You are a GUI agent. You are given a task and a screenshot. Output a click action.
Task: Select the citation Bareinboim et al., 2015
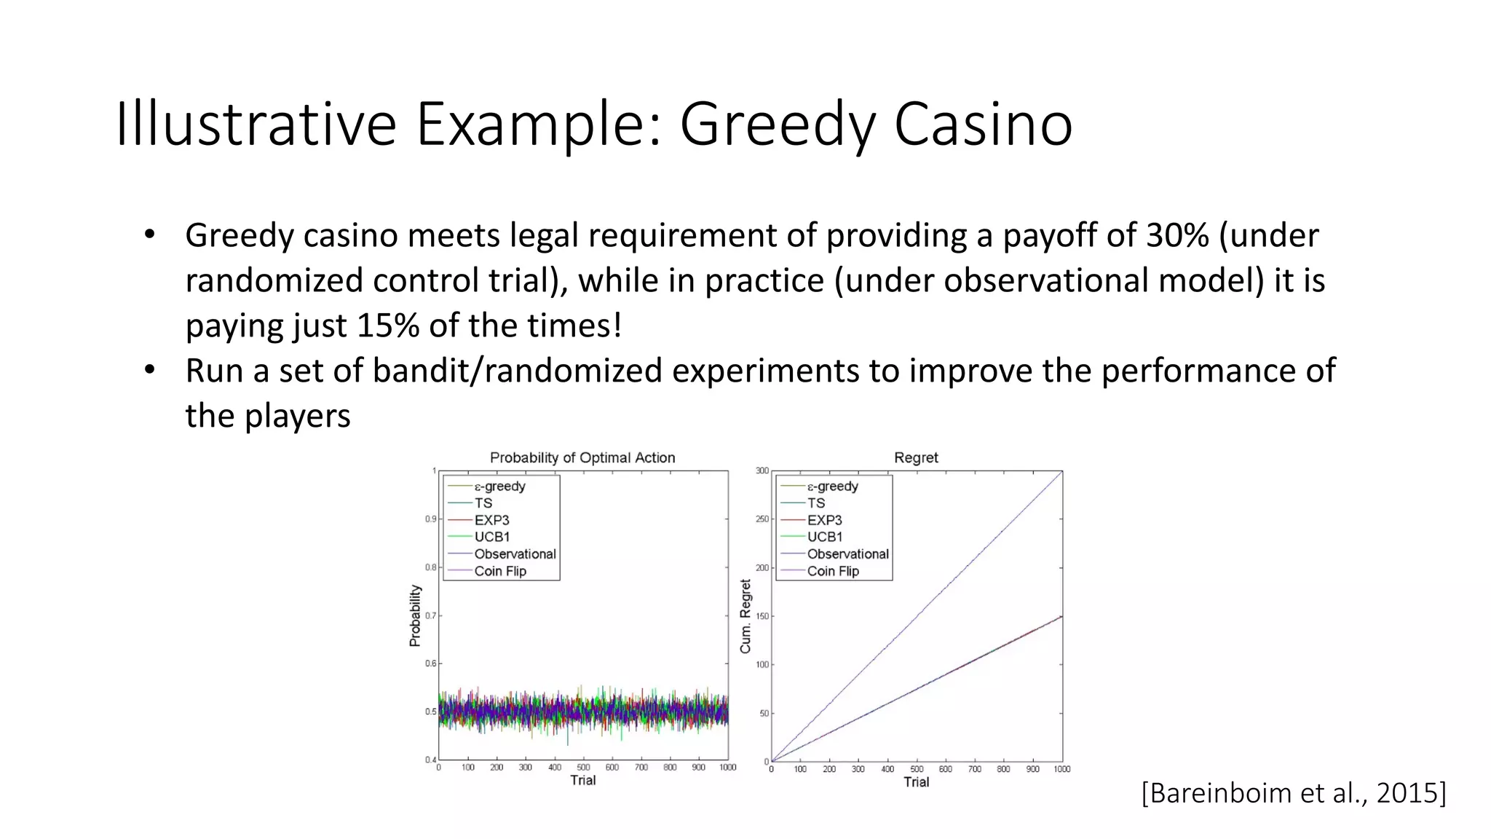pos(1294,793)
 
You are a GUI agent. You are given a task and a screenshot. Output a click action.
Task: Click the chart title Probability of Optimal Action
pos(582,458)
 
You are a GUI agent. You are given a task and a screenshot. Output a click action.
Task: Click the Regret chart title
pos(916,458)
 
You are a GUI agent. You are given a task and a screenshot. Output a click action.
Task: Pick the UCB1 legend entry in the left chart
pos(492,537)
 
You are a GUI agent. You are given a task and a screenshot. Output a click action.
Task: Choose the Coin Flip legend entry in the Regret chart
pos(833,572)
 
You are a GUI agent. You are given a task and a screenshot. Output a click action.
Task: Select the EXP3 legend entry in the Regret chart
pos(824,521)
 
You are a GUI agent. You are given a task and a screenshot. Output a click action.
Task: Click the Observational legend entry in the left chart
pos(515,554)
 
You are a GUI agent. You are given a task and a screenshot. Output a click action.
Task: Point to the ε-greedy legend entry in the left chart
pos(499,487)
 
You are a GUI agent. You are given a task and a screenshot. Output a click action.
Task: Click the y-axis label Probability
pos(415,616)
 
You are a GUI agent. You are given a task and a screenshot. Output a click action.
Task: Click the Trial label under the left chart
pos(582,781)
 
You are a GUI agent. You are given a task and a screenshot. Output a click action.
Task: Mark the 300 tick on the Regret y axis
pos(762,471)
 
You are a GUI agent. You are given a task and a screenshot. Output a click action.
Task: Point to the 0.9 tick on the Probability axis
pos(430,519)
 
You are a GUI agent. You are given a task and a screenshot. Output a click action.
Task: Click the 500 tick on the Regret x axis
pos(917,770)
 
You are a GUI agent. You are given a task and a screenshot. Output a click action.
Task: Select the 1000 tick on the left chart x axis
pos(727,768)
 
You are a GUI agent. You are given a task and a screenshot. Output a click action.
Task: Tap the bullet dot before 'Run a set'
pos(150,370)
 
